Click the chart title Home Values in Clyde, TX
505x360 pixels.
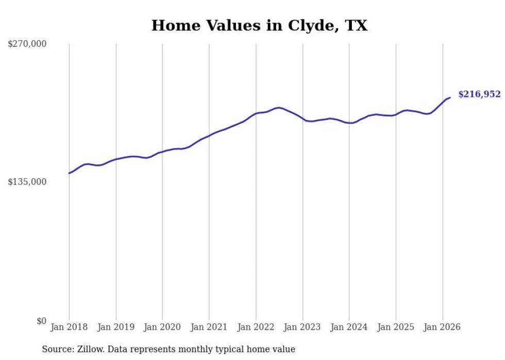pyautogui.click(x=259, y=25)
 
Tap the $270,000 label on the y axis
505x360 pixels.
pyautogui.click(x=27, y=44)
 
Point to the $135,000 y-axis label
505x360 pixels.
pyautogui.click(x=27, y=182)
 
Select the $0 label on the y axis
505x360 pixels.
pyautogui.click(x=41, y=321)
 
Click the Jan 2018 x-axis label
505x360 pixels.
pyautogui.click(x=69, y=327)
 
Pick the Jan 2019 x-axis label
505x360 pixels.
pyautogui.click(x=116, y=327)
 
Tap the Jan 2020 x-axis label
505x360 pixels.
pyautogui.click(x=162, y=327)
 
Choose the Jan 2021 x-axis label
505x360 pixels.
pyautogui.click(x=209, y=327)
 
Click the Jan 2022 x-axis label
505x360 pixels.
pyautogui.click(x=256, y=327)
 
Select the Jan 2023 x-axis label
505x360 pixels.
pyautogui.click(x=302, y=327)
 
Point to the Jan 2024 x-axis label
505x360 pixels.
pyautogui.click(x=349, y=327)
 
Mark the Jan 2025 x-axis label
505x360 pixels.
pyautogui.click(x=396, y=327)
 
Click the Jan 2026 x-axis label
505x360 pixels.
pyautogui.click(x=443, y=327)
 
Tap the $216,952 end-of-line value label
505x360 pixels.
pyautogui.click(x=479, y=94)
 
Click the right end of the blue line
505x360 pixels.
pyautogui.click(x=450, y=97)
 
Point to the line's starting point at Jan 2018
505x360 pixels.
pyautogui.click(x=69, y=173)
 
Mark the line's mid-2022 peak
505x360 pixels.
pyautogui.click(x=279, y=108)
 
